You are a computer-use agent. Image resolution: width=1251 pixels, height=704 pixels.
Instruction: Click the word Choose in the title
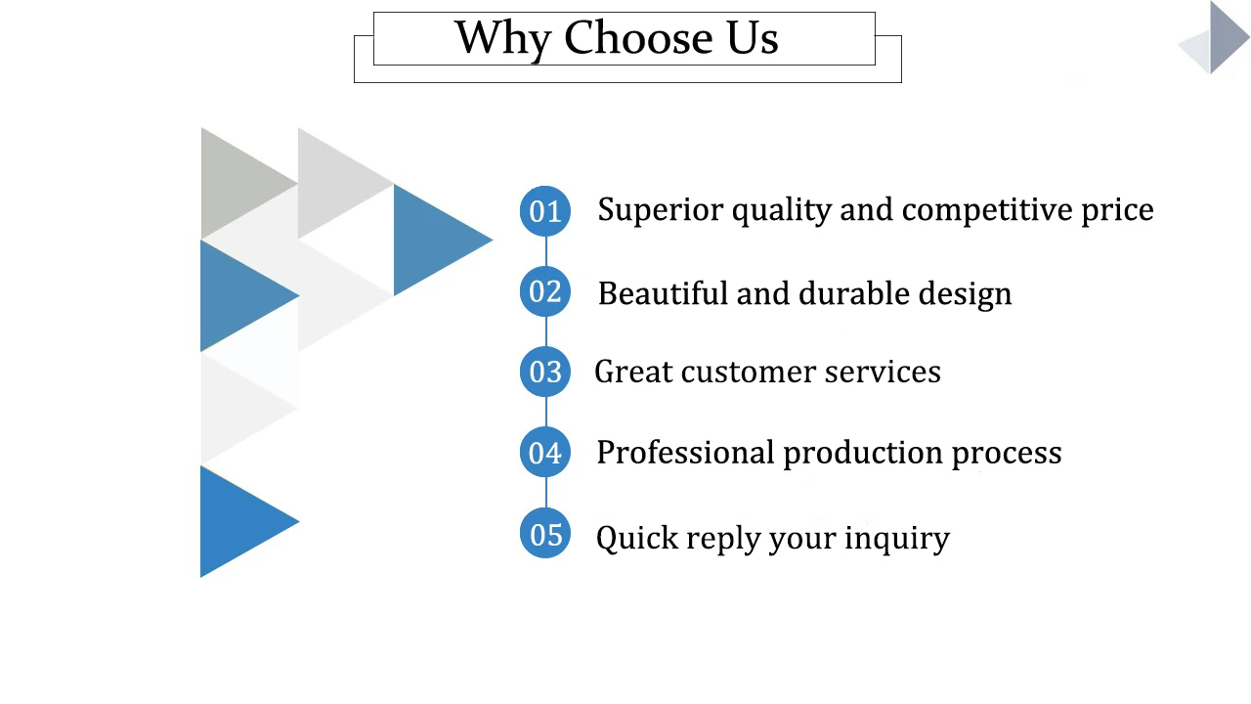pyautogui.click(x=637, y=38)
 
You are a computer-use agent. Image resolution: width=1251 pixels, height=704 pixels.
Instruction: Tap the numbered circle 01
pyautogui.click(x=545, y=210)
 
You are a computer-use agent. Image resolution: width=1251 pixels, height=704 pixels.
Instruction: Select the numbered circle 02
pyautogui.click(x=545, y=291)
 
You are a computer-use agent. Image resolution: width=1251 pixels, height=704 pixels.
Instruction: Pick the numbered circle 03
pyautogui.click(x=545, y=372)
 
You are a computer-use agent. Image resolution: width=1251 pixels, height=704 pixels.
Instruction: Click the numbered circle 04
pyautogui.click(x=545, y=453)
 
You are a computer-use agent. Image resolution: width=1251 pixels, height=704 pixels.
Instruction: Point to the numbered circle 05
pyautogui.click(x=545, y=534)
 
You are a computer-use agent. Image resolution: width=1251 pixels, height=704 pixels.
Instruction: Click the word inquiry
pyautogui.click(x=896, y=539)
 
